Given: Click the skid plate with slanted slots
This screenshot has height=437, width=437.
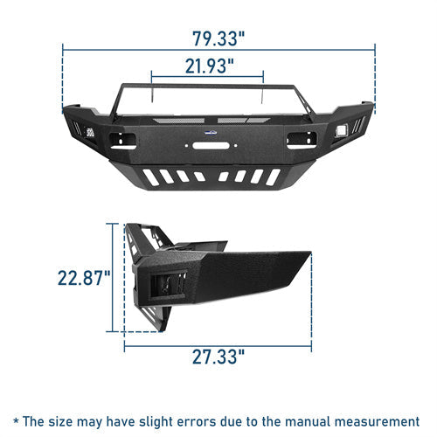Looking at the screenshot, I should tap(218, 176).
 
